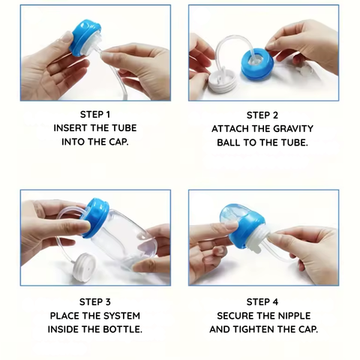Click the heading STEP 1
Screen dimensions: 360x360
[x=94, y=115]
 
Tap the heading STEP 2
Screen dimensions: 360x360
[x=262, y=115]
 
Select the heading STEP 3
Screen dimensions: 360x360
[x=94, y=302]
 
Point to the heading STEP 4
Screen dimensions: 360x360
[x=262, y=302]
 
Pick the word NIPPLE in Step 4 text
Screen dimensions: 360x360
[x=292, y=316]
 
